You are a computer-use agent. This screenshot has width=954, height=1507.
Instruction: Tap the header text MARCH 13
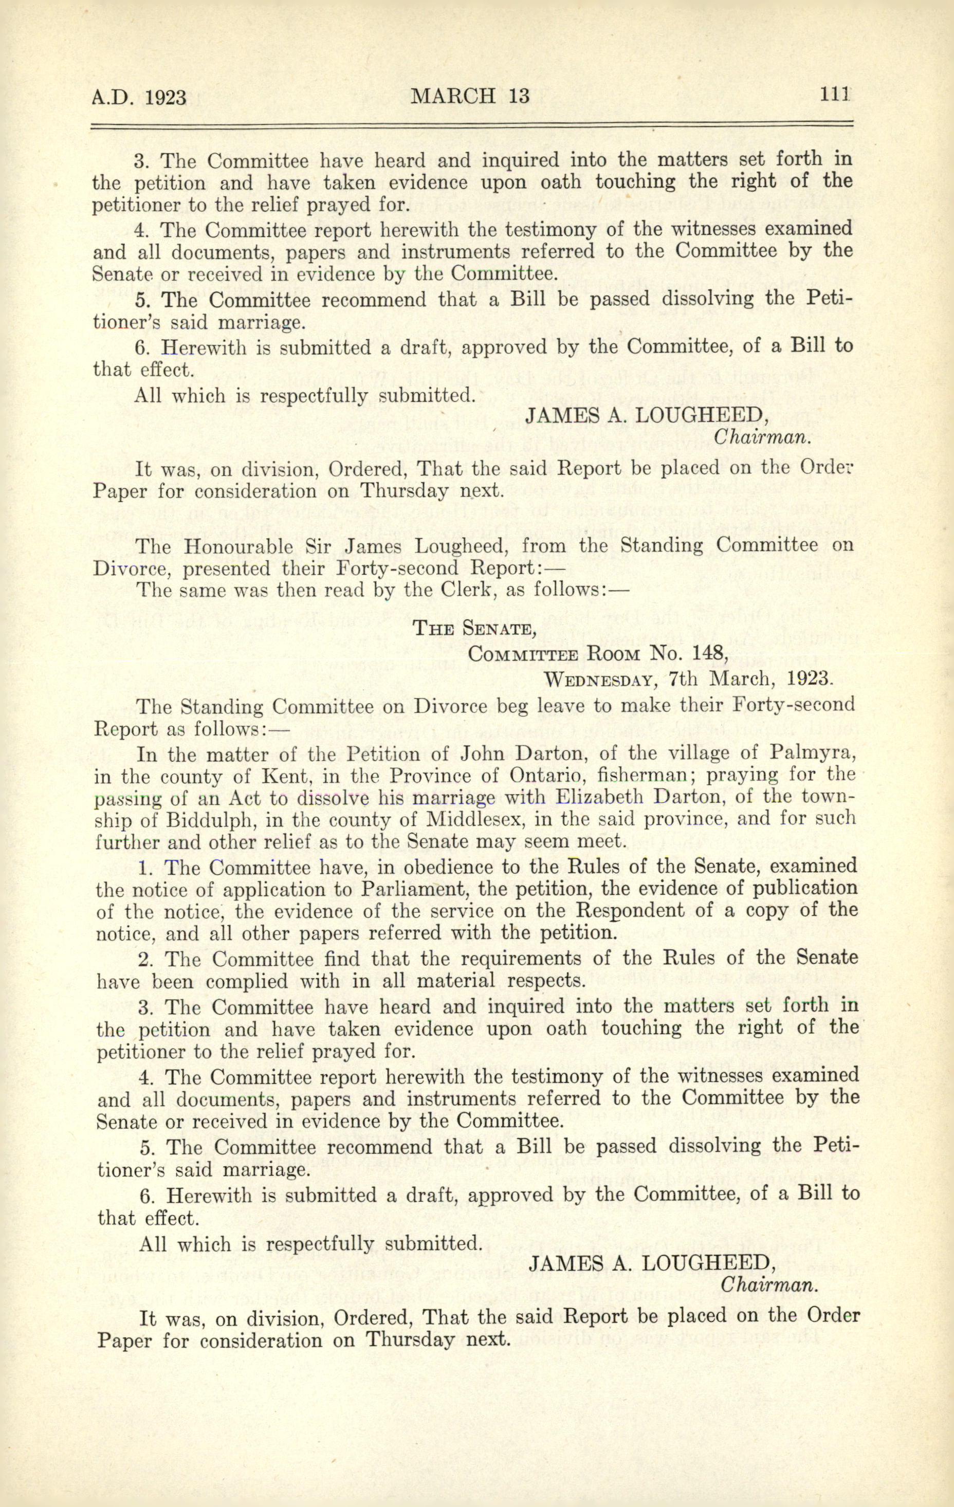pos(470,96)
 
